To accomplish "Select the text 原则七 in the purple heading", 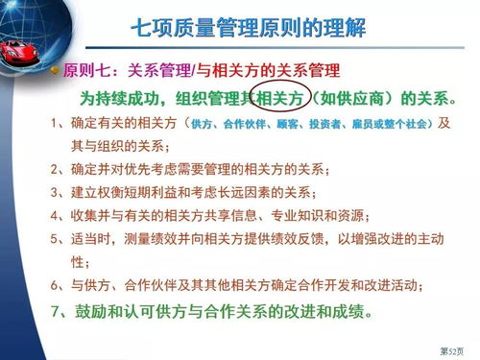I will [x=86, y=71].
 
